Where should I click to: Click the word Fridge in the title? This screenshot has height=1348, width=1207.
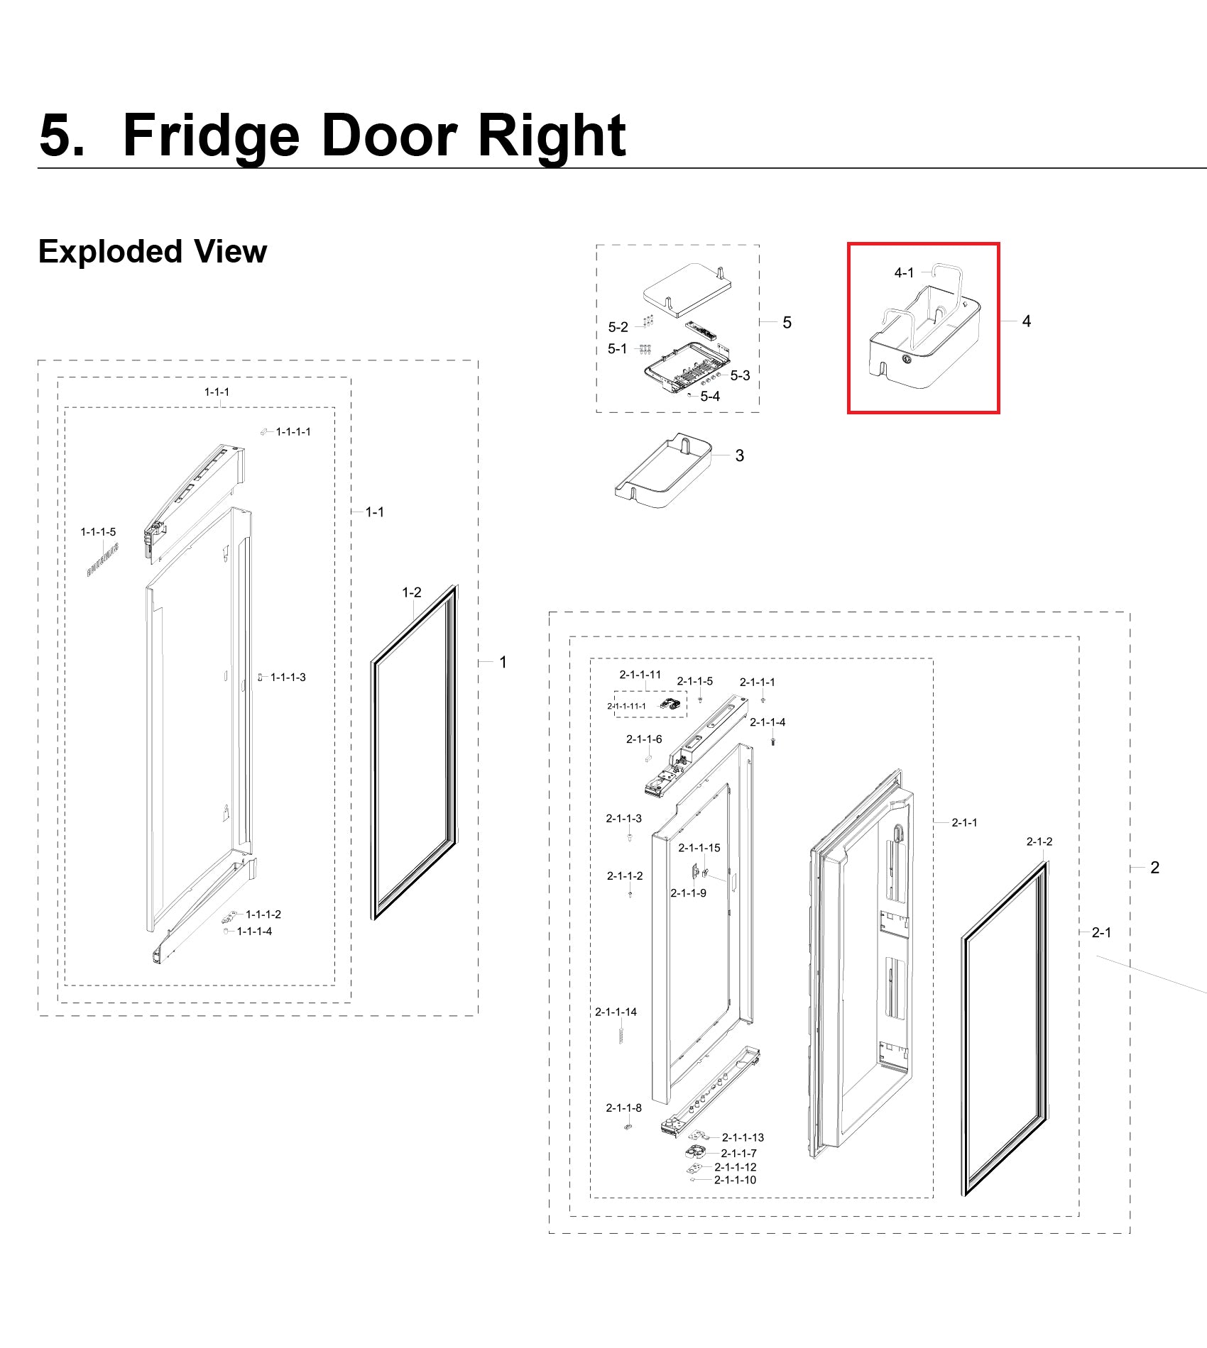point(212,136)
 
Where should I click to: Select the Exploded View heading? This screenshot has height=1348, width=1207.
point(153,252)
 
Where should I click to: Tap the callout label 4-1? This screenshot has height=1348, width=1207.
point(904,272)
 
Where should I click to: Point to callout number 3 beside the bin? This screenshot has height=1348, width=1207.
point(740,455)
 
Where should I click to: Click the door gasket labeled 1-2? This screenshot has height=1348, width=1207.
point(415,752)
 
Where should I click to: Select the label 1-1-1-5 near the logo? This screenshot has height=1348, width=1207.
point(98,531)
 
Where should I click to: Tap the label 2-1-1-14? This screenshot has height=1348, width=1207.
point(616,1012)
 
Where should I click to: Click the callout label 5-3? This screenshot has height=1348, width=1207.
point(740,375)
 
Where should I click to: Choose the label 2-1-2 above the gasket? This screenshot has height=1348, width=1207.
point(1039,841)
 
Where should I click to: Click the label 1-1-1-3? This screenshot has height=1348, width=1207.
point(288,678)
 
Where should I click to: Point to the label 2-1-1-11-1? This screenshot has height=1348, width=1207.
point(626,706)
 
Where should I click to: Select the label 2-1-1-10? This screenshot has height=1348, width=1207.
point(736,1180)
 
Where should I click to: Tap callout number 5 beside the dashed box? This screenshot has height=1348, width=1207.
point(787,323)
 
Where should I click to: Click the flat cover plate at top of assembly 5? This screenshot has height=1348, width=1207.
point(687,290)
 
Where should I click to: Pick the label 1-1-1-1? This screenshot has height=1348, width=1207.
point(293,431)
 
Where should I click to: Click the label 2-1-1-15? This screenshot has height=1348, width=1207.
point(699,848)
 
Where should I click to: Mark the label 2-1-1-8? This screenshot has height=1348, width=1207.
point(624,1107)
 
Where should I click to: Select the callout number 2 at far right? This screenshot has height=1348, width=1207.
point(1155,868)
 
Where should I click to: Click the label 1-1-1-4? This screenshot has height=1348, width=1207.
point(254,931)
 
